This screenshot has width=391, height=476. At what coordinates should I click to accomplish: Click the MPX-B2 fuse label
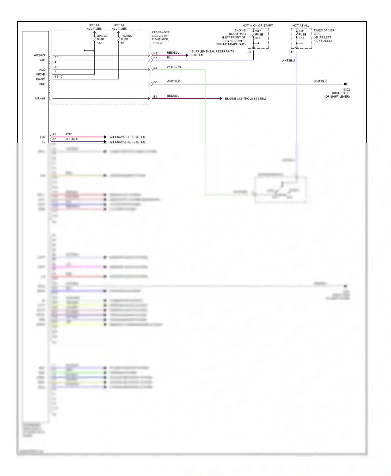pos(101,39)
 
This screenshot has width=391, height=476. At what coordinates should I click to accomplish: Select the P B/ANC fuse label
pos(126,39)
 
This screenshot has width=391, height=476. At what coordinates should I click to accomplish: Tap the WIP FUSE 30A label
pos(259,34)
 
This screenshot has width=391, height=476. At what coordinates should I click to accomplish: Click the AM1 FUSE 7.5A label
pos(302,34)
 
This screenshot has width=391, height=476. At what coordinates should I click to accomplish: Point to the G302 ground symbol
pos(345,84)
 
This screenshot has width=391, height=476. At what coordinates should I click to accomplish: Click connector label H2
pos(155,53)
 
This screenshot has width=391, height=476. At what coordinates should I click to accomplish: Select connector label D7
pos(155,58)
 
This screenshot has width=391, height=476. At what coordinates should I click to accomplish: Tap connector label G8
pos(155,82)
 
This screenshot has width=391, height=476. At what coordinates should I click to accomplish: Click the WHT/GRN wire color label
pos(174,67)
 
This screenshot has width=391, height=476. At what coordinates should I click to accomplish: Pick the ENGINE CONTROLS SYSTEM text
pos(245,99)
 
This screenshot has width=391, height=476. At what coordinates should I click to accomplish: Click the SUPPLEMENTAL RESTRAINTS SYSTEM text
pos(212,53)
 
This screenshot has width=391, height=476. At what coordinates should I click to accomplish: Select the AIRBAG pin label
pos(39,55)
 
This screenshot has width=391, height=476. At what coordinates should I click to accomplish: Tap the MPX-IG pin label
pos(40,99)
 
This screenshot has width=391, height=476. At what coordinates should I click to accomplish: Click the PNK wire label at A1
pos(69,134)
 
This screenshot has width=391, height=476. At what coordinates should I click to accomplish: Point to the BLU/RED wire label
pos(72,139)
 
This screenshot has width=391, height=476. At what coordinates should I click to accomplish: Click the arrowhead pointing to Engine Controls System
pos(221,99)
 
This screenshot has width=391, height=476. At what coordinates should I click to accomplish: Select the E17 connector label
pos(291,52)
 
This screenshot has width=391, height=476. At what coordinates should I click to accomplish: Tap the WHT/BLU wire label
pos(288,60)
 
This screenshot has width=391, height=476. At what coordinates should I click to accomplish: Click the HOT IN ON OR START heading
pos(258,26)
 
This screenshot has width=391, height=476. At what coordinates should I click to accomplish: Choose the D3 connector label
pos(249,52)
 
